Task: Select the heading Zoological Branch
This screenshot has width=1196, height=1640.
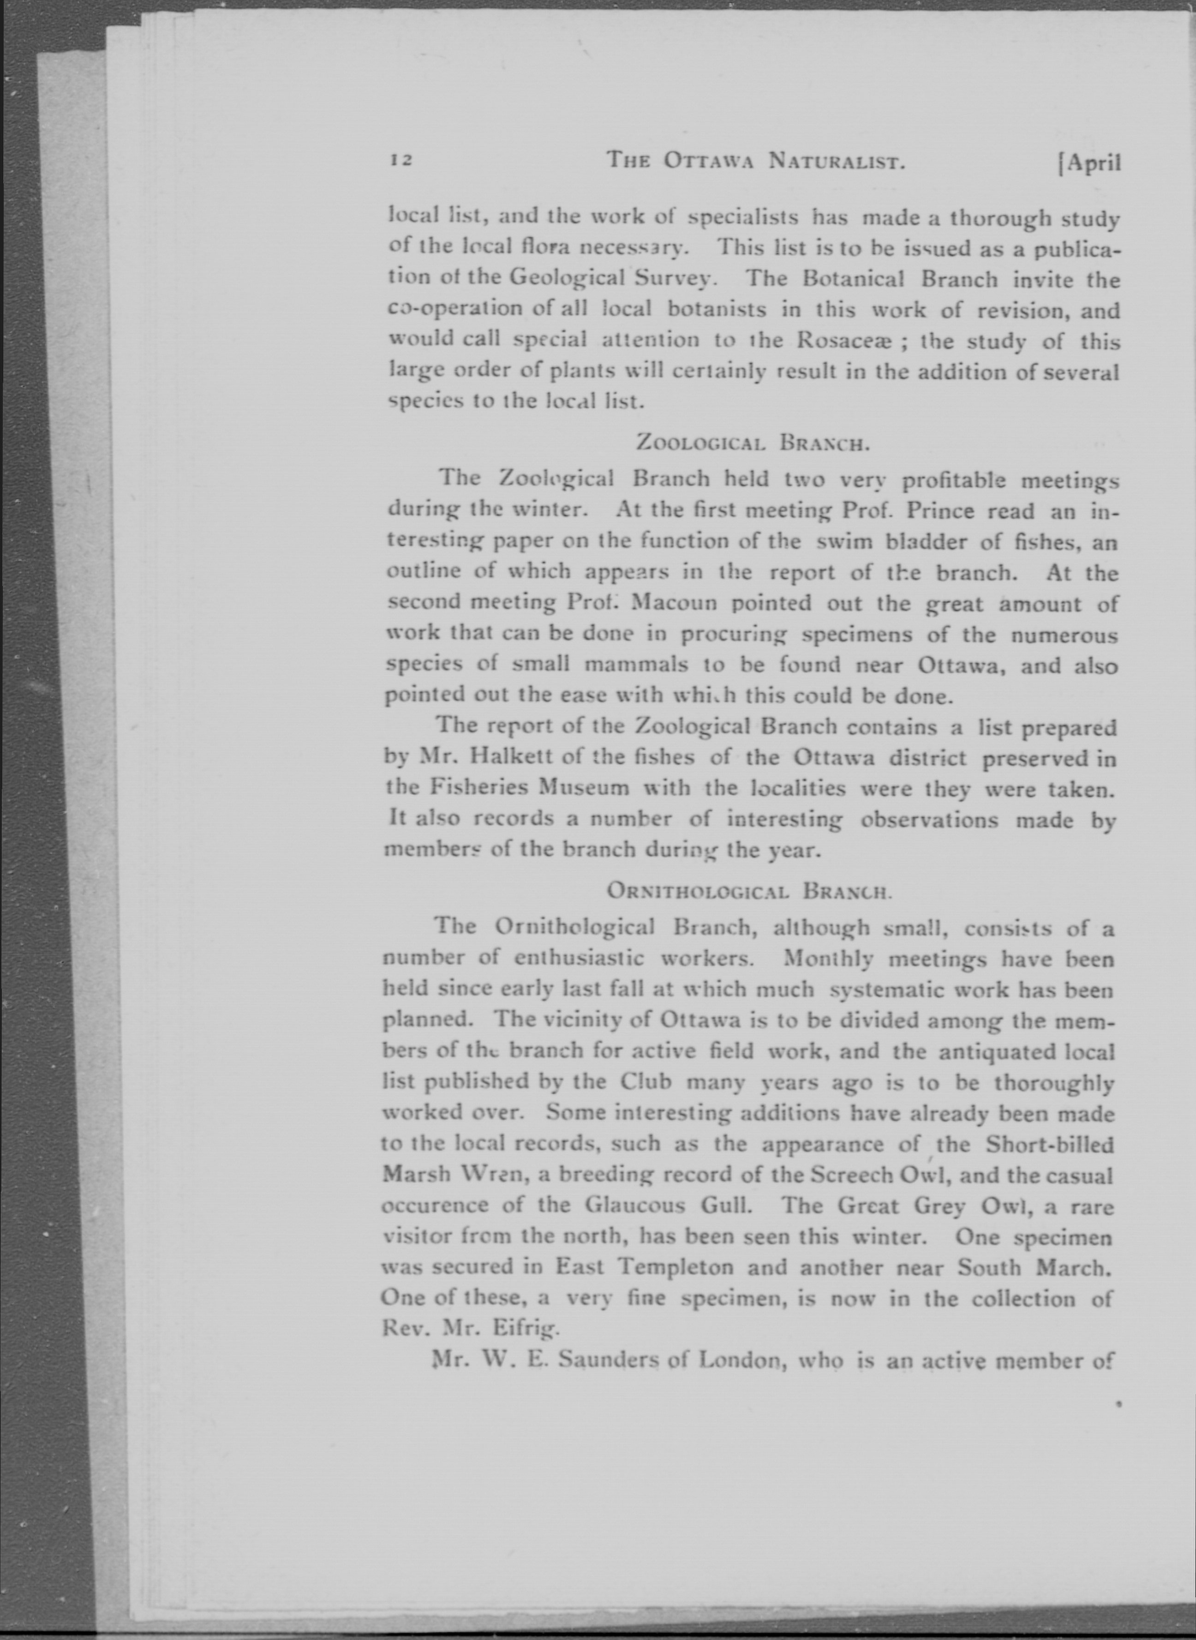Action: [x=752, y=443]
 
